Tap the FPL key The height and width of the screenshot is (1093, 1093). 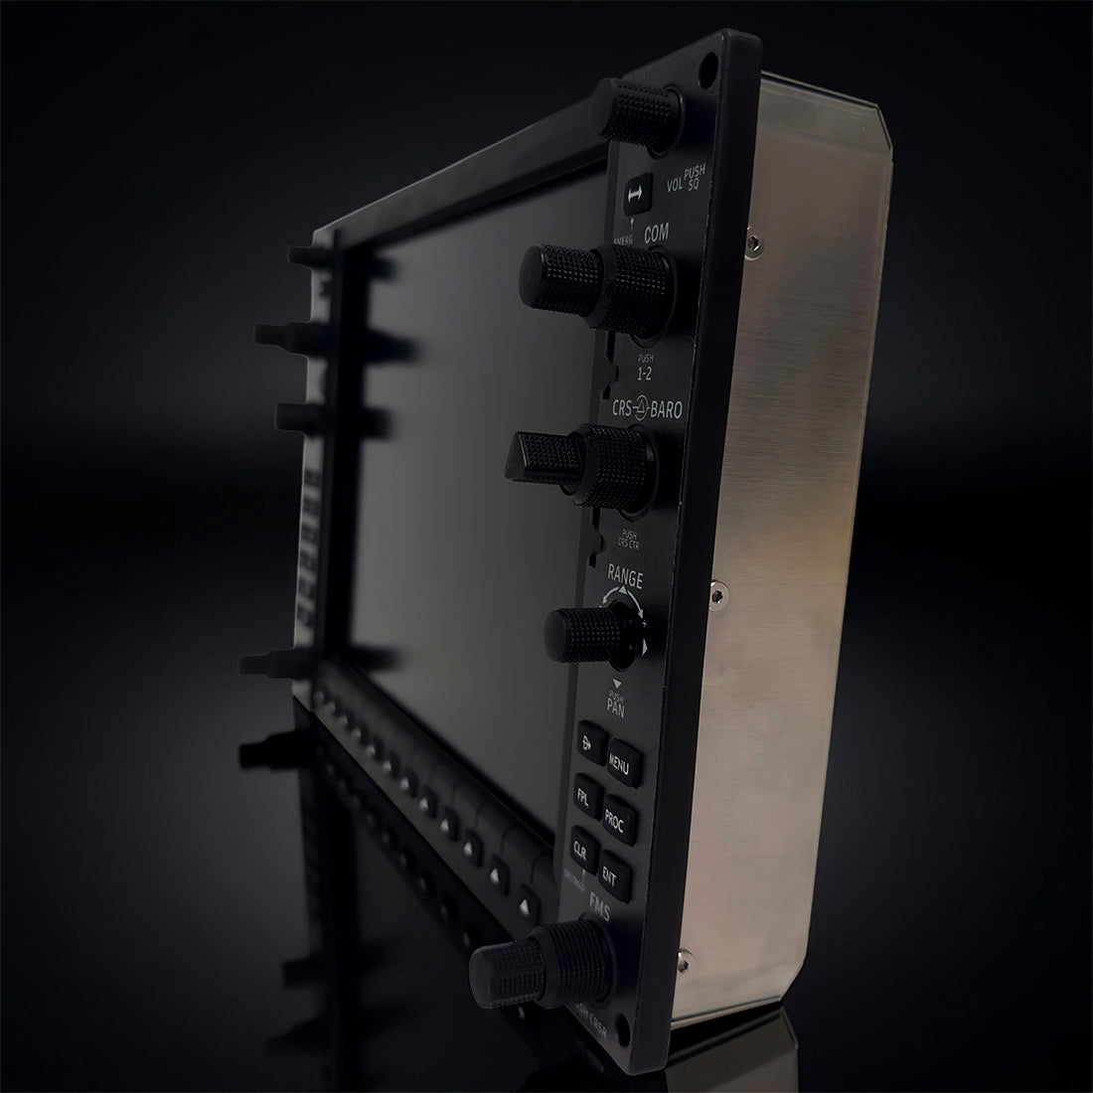pos(584,798)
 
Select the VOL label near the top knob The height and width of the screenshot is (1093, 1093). pos(676,184)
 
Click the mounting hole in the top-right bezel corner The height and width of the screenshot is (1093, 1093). pos(707,73)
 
